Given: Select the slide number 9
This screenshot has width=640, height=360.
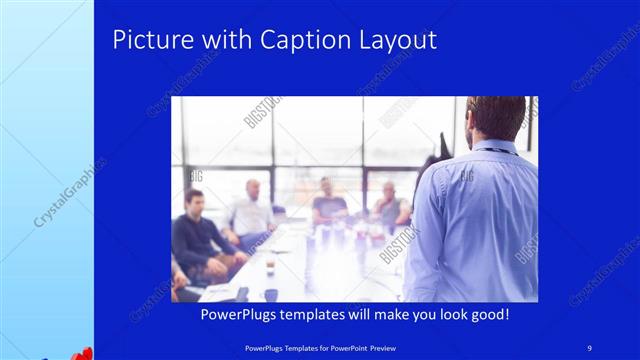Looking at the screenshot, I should click(589, 347).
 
